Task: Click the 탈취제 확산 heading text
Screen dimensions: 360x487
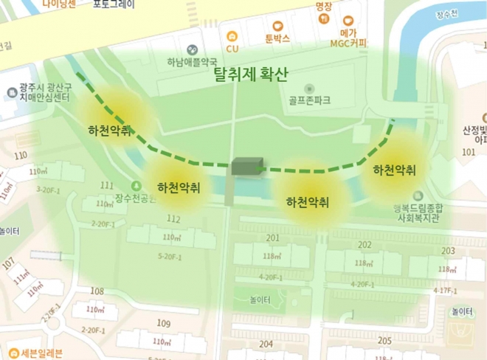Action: tap(249, 75)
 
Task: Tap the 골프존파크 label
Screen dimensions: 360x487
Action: tap(310, 98)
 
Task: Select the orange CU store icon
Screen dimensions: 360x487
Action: tap(232, 35)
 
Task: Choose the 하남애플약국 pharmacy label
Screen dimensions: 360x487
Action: tap(191, 63)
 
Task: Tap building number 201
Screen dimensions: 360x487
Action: tap(272, 238)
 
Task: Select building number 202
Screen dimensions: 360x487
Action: tap(364, 244)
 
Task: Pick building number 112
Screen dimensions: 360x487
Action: tap(173, 218)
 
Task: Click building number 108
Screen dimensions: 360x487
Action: tap(97, 291)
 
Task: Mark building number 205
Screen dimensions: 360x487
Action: tap(384, 341)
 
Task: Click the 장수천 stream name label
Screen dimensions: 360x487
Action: tap(447, 13)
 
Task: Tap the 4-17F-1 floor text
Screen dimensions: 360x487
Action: tap(446, 291)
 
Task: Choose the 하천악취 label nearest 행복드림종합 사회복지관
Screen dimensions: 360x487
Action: tap(394, 170)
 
